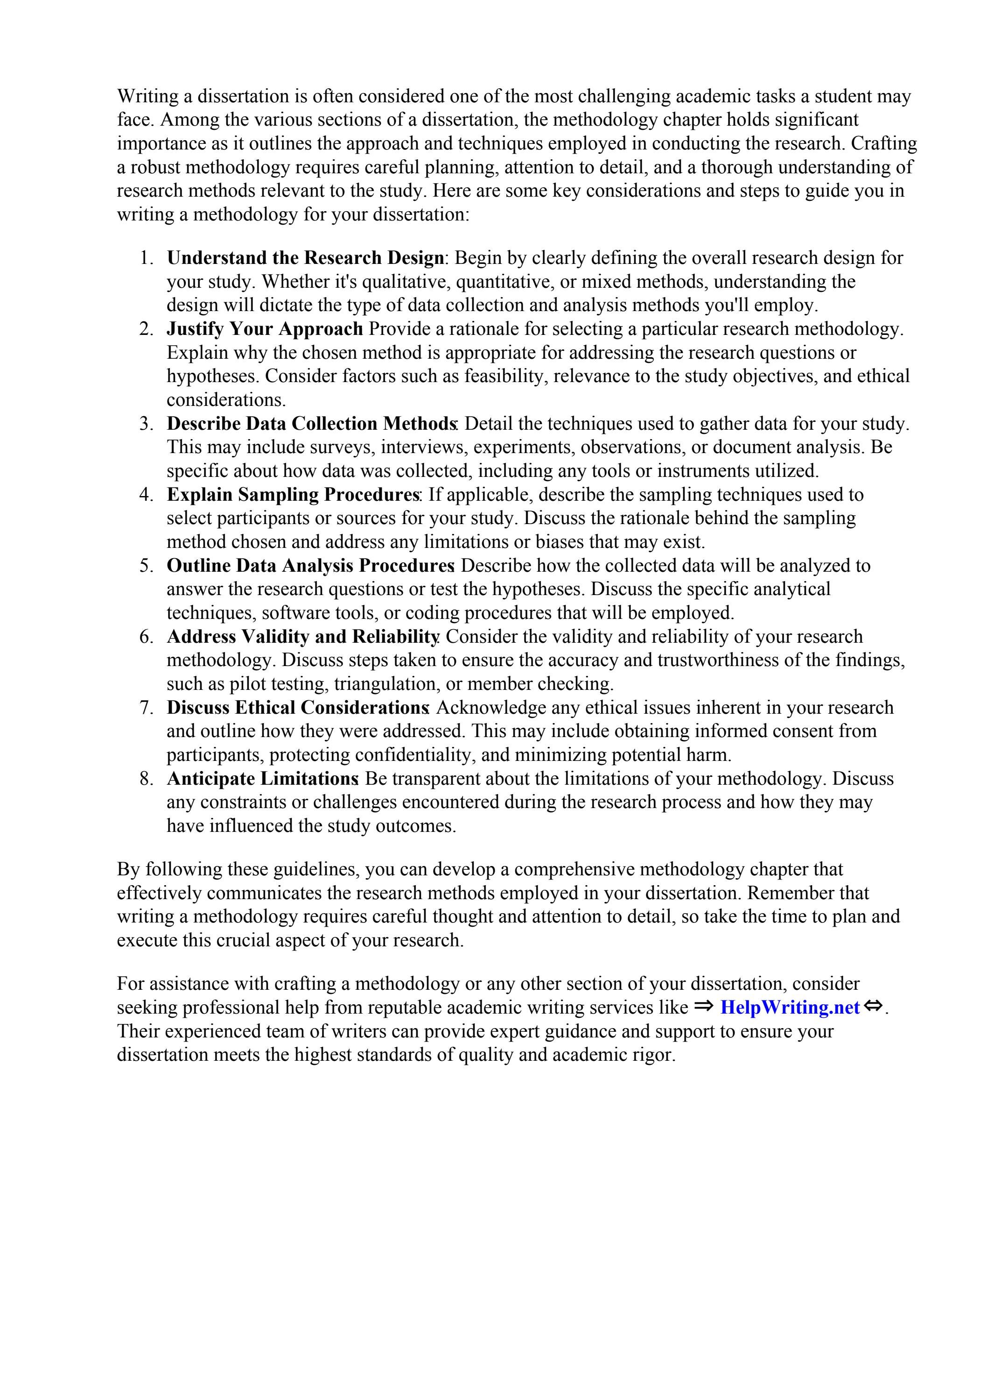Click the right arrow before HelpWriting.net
click(x=703, y=1007)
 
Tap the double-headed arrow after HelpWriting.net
click(x=873, y=1007)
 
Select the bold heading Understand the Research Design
click(x=306, y=258)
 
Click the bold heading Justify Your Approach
click(x=265, y=329)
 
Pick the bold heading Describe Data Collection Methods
click(x=312, y=424)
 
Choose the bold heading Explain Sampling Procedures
click(x=293, y=494)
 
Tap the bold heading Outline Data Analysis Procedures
click(x=310, y=566)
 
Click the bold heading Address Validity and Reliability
click(x=302, y=637)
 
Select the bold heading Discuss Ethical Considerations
click(x=298, y=708)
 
